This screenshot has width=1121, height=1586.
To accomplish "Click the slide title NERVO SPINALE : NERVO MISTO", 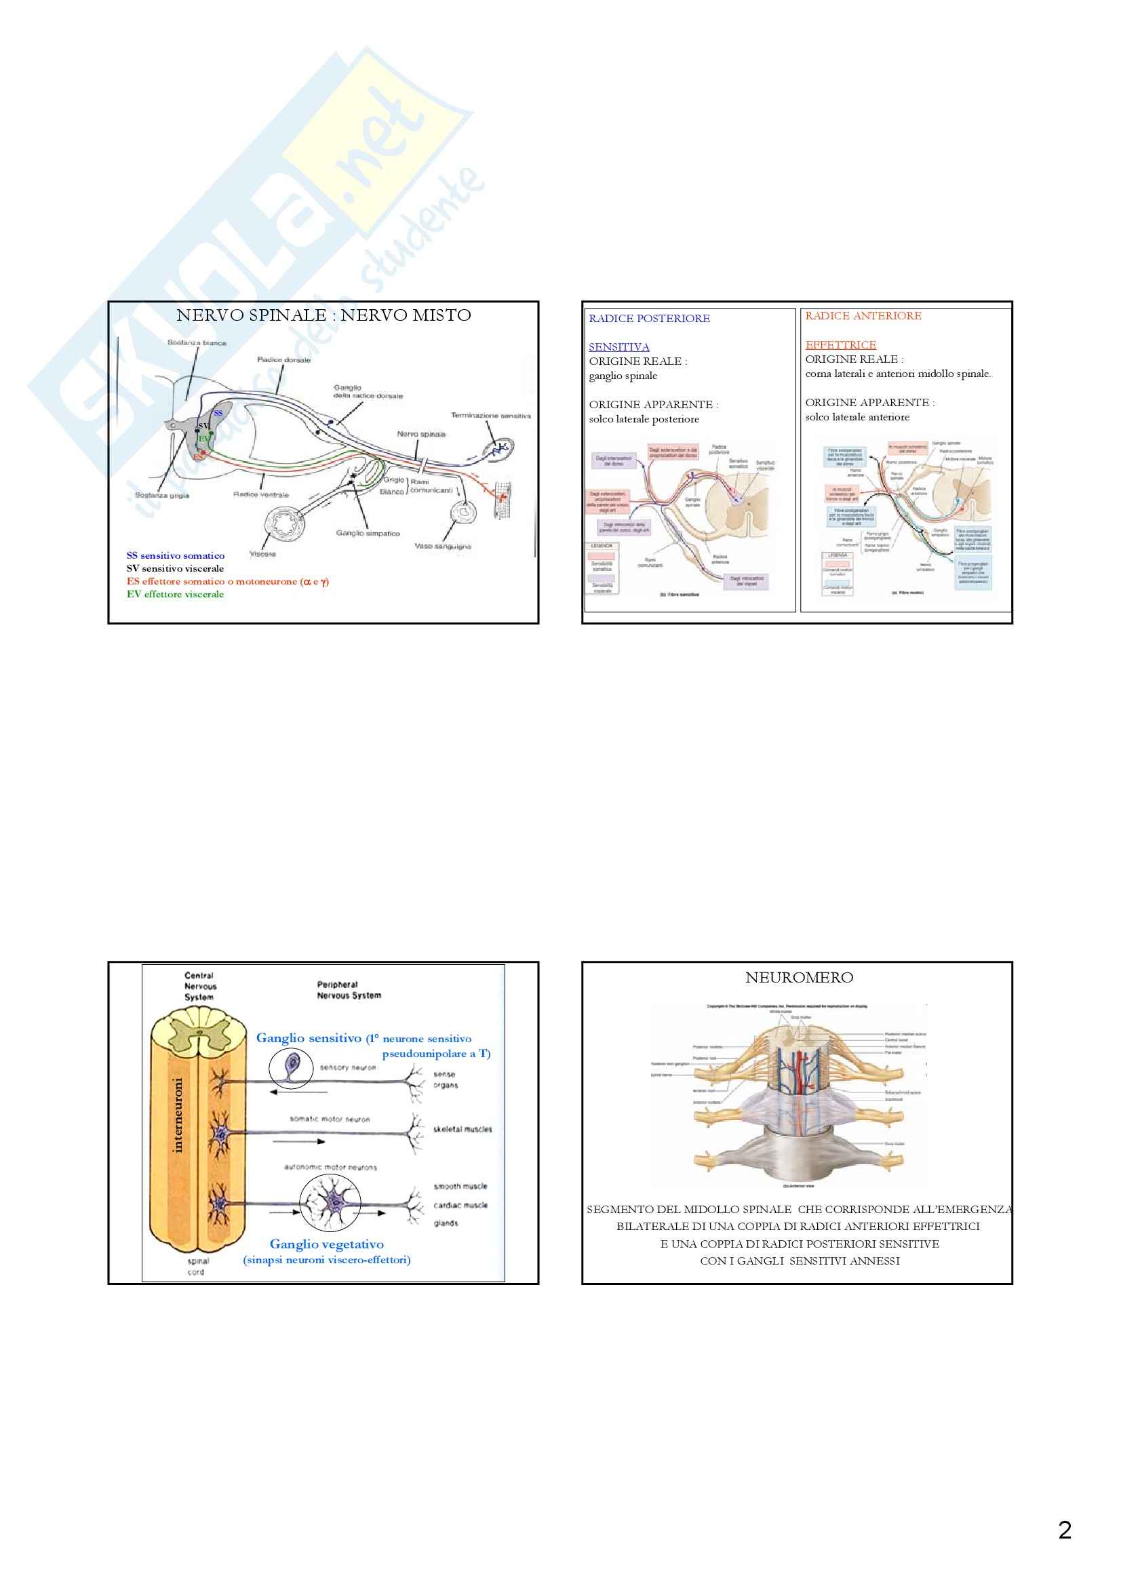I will coord(323,316).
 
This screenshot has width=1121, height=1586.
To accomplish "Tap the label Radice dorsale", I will coord(284,360).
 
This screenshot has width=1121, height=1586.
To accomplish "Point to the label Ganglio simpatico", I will coord(368,533).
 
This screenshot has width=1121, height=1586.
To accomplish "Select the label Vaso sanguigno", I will coord(443,547).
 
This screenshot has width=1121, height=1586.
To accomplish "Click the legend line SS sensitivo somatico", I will coord(176,555).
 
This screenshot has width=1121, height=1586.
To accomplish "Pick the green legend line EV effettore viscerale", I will coord(176,594).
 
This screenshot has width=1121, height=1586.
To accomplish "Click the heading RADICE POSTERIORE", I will coord(649,319).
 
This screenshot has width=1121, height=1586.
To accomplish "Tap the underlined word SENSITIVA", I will coord(619,346).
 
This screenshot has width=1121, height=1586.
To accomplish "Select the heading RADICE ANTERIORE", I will coord(863,316).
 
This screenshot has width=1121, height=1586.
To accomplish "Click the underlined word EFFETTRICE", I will coord(840,344).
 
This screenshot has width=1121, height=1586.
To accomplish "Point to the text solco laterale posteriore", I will coord(644,419).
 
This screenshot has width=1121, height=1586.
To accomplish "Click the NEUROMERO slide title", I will coord(799,978).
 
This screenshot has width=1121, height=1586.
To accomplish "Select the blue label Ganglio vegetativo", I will coord(327,1244).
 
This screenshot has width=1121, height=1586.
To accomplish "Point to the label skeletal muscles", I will coord(463,1130).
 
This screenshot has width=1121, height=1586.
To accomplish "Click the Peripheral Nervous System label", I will coord(349,990).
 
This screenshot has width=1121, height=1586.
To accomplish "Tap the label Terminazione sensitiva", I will coord(490,416).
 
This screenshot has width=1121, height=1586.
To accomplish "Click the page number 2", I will coord(1064,1530).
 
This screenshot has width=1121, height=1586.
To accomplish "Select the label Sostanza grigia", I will coord(162,495).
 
